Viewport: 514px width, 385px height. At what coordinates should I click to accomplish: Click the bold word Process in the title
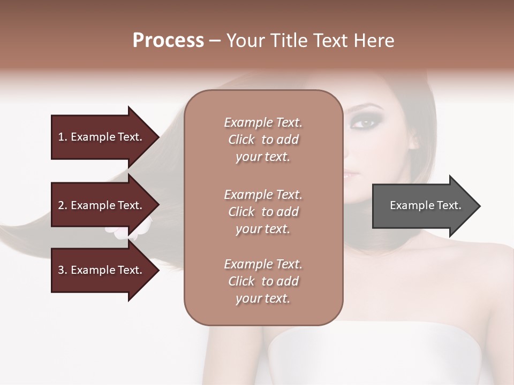point(168,41)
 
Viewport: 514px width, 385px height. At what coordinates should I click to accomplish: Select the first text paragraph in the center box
point(263,140)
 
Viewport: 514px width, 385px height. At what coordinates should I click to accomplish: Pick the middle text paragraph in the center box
point(263,211)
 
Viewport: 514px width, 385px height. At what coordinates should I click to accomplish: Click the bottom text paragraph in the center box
point(263,281)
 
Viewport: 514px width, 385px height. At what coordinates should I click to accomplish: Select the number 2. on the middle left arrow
point(63,205)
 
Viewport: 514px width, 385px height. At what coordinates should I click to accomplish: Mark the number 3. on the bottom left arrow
point(63,270)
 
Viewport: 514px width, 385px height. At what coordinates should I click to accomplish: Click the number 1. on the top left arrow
point(63,137)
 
